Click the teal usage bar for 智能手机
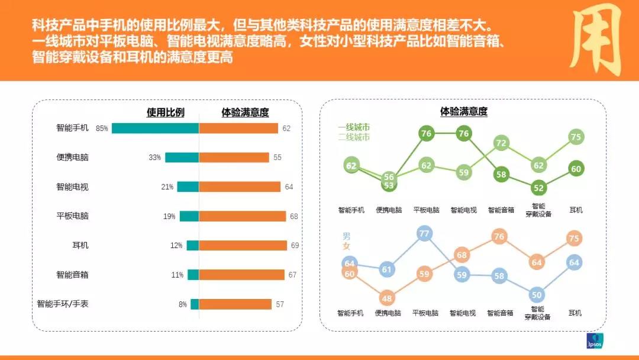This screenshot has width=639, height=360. (155, 128)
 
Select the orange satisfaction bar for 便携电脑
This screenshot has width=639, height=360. (234, 157)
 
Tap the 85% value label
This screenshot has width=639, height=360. (102, 128)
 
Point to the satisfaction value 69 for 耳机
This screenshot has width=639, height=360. (295, 245)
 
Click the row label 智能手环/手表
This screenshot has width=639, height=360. (63, 304)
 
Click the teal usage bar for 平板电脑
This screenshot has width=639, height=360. (189, 216)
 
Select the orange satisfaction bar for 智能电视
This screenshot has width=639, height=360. (240, 187)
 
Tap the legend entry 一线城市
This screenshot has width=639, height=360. (354, 127)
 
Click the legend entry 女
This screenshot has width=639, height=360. (346, 246)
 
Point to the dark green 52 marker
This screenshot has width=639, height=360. (538, 188)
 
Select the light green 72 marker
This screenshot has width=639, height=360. (501, 143)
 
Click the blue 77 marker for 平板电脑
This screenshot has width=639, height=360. (424, 233)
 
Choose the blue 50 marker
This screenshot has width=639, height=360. (537, 294)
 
